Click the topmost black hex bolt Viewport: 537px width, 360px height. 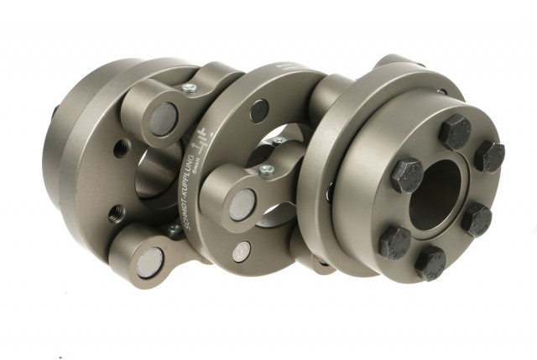click(454, 132)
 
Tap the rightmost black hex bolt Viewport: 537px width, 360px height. click(489, 156)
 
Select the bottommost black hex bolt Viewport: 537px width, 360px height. click(430, 263)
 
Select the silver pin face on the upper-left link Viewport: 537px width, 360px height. click(164, 118)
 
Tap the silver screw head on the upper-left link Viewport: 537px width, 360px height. click(189, 87)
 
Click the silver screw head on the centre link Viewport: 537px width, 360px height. click(267, 170)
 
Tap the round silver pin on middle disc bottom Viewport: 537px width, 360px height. click(242, 251)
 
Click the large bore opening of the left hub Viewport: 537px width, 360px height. click(155, 176)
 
